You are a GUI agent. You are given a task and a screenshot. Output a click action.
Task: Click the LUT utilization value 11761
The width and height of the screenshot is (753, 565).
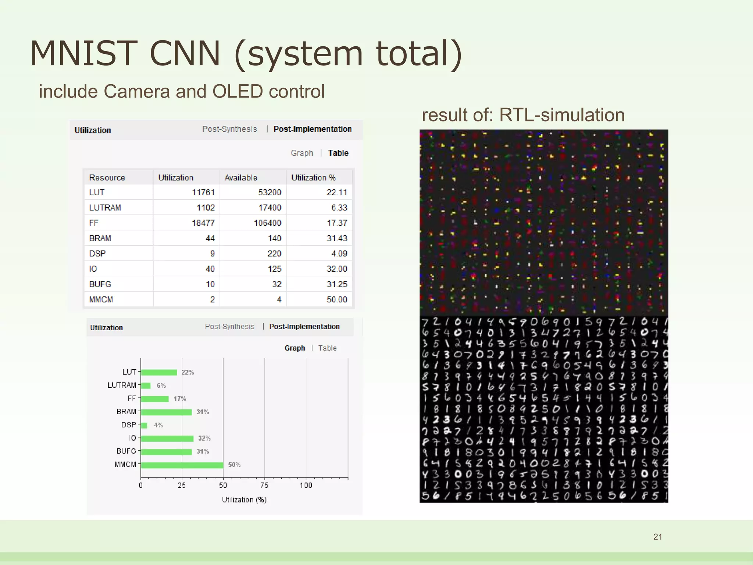click(x=203, y=192)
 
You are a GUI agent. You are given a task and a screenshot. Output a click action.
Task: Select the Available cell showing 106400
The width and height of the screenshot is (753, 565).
click(x=267, y=223)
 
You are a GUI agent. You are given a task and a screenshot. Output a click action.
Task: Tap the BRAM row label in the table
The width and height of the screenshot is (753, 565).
click(x=100, y=238)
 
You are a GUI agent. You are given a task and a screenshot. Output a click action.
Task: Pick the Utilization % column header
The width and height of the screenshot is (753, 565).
click(x=313, y=178)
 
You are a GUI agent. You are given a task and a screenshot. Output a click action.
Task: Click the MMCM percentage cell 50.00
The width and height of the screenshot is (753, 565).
click(x=337, y=299)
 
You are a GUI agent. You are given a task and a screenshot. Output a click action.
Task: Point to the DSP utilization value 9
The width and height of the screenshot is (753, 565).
click(x=212, y=253)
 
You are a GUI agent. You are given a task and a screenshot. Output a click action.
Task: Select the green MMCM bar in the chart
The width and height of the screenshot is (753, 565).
click(x=182, y=465)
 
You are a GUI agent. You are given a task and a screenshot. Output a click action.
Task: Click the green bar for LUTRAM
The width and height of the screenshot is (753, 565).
click(x=146, y=385)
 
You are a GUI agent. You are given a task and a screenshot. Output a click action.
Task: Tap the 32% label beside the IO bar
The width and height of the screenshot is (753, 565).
click(x=204, y=438)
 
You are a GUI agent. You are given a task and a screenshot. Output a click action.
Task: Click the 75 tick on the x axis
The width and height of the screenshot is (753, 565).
click(x=264, y=485)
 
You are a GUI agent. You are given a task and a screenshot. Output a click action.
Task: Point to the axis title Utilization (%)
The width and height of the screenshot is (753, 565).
click(x=244, y=500)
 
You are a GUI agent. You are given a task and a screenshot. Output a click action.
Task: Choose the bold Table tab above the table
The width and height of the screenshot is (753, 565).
click(x=338, y=153)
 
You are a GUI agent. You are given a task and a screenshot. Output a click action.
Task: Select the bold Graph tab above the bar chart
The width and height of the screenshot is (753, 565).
click(x=295, y=348)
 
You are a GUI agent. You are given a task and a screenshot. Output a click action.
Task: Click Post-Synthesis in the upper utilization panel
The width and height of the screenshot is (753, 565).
click(x=229, y=129)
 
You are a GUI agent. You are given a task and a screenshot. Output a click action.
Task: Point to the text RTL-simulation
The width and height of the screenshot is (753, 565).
click(x=562, y=115)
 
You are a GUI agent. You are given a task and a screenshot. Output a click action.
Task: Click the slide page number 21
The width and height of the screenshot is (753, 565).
click(x=658, y=537)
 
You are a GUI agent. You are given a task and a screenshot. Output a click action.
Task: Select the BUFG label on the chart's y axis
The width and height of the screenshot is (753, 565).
click(x=126, y=451)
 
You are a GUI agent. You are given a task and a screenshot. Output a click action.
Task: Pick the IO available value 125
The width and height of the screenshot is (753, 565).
click(x=274, y=269)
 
